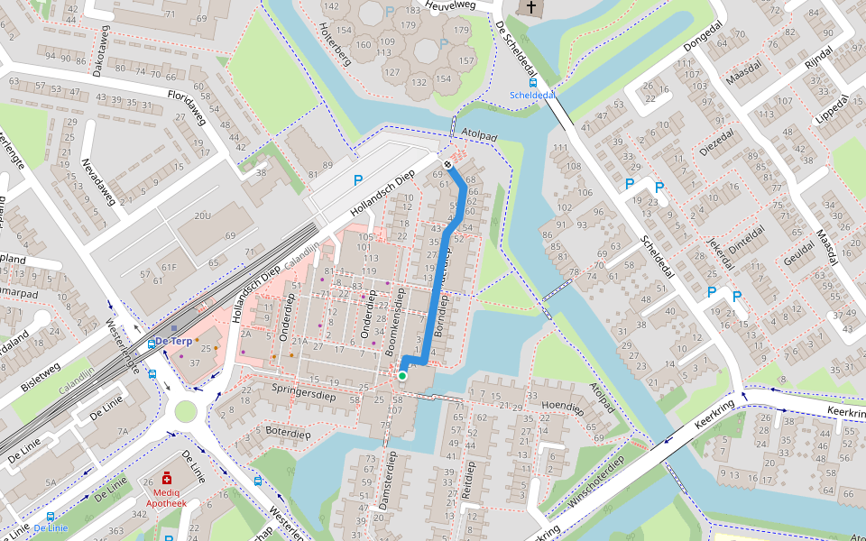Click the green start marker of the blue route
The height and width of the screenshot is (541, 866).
click(x=401, y=375)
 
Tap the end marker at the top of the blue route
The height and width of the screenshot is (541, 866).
click(x=447, y=164)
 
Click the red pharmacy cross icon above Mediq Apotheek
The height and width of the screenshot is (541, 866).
click(x=168, y=478)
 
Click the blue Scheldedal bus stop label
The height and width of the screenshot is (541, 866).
click(x=532, y=95)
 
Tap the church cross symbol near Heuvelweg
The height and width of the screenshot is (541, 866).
click(x=531, y=9)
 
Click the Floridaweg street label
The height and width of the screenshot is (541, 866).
click(x=187, y=106)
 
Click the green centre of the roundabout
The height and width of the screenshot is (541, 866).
click(x=186, y=411)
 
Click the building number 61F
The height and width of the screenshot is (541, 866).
click(x=169, y=267)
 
